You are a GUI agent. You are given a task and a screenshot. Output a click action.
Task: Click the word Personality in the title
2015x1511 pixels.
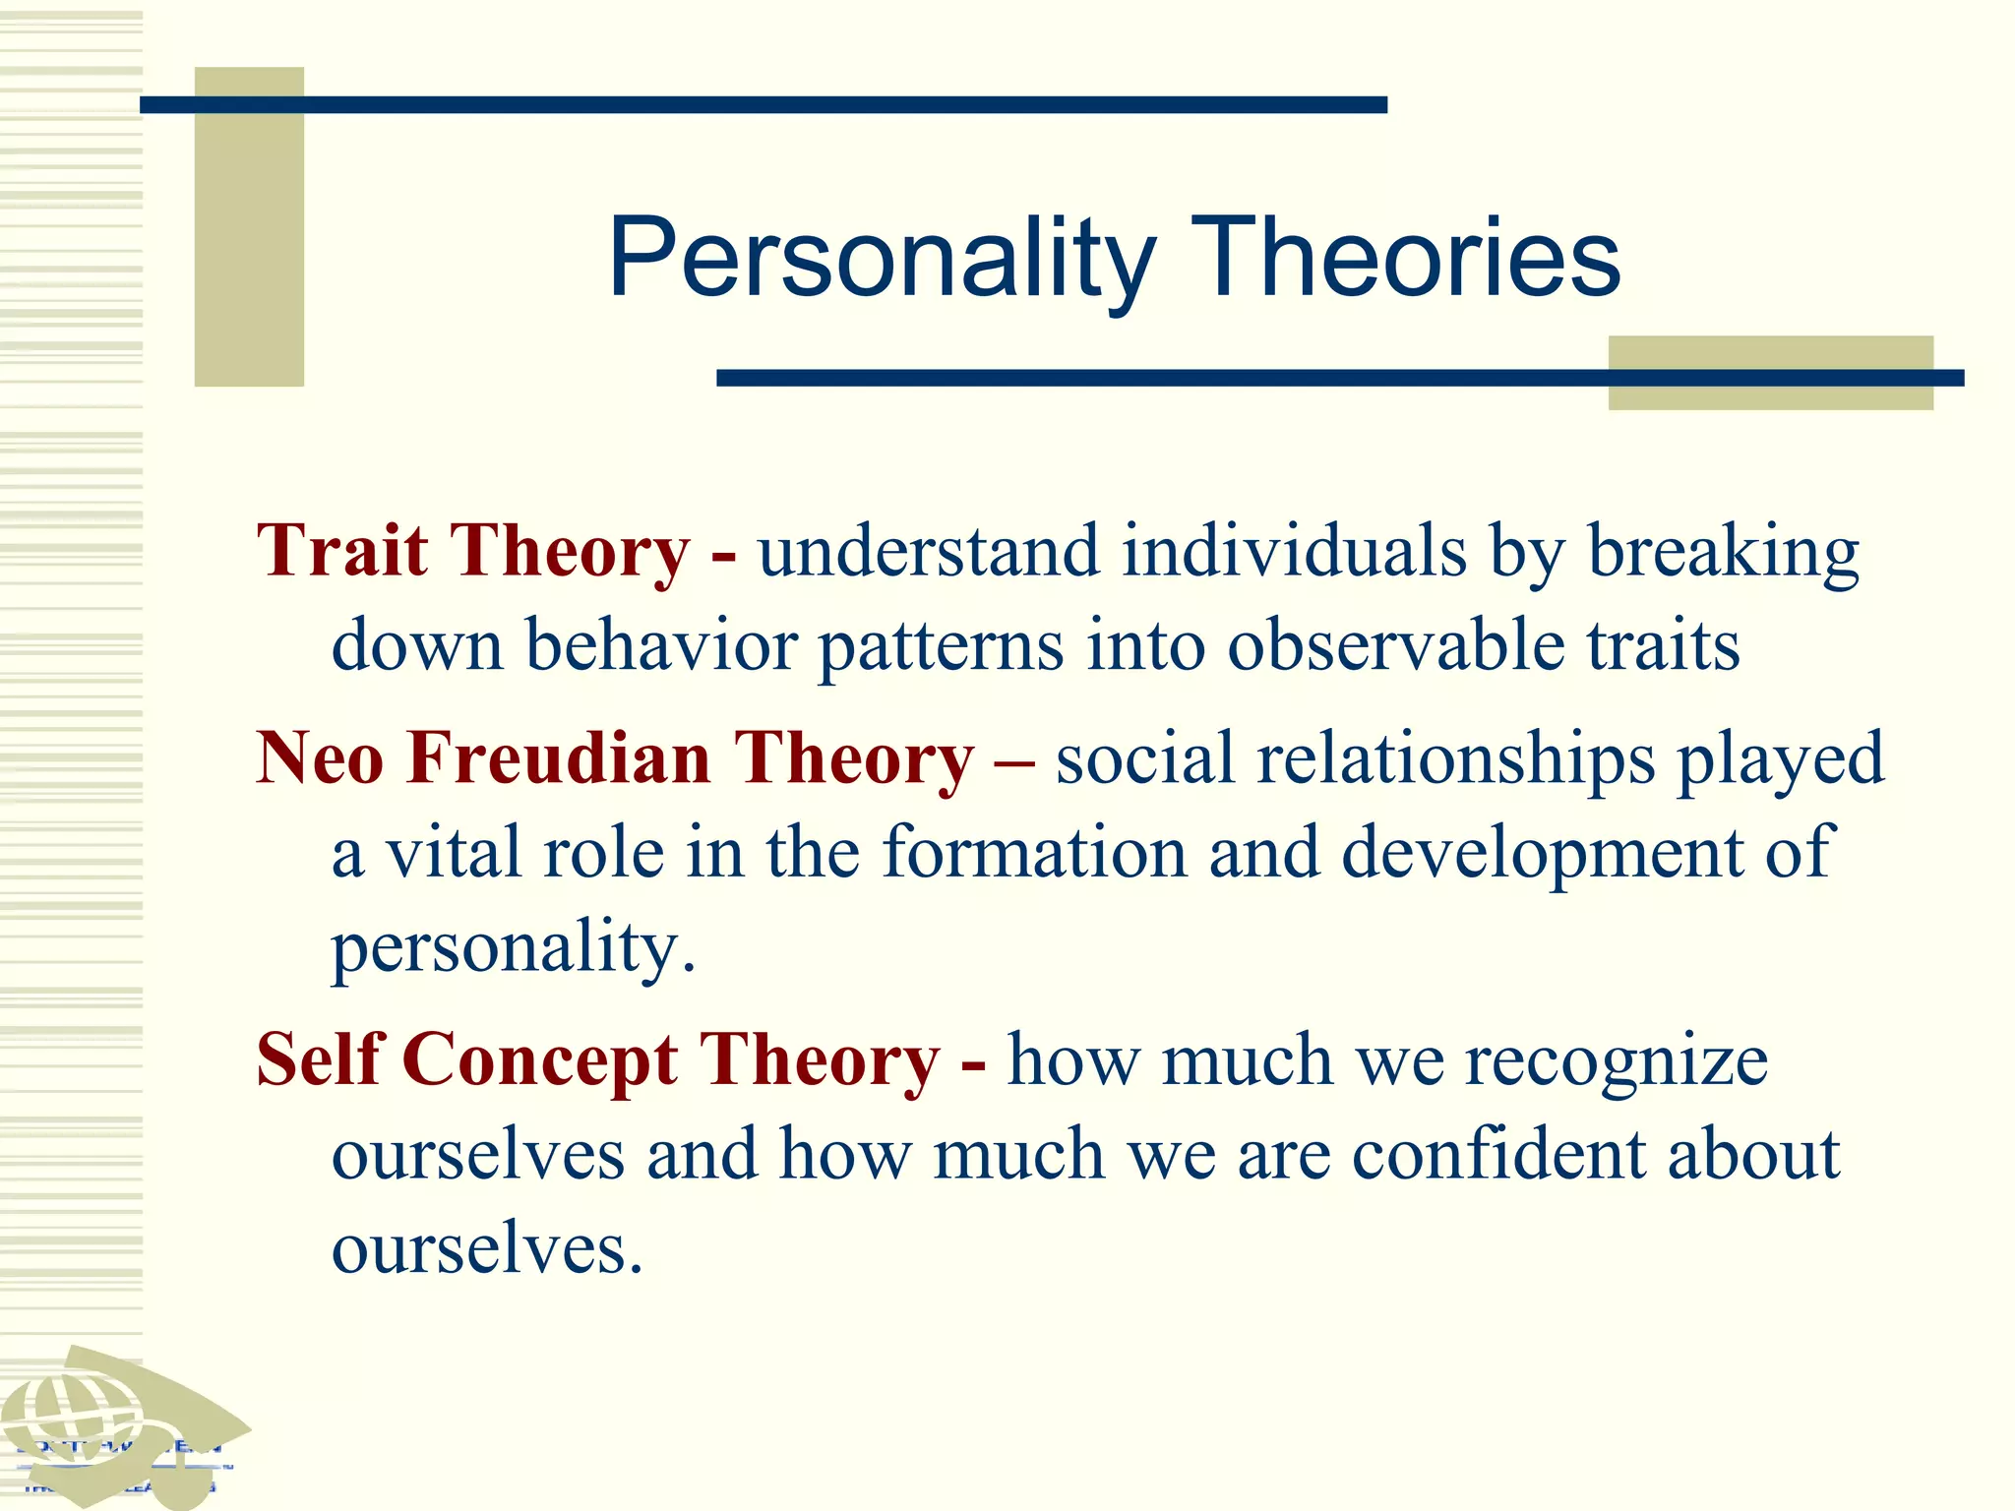(x=881, y=259)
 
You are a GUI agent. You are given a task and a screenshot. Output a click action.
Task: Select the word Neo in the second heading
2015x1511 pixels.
(x=319, y=758)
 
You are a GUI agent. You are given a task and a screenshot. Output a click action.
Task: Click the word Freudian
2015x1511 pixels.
(x=558, y=758)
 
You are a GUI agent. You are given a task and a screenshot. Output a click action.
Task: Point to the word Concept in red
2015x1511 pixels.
(x=539, y=1060)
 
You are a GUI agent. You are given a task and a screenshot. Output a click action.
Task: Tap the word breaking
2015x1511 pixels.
(x=1723, y=552)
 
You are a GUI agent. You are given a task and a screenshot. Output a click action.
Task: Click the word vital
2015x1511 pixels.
(x=453, y=852)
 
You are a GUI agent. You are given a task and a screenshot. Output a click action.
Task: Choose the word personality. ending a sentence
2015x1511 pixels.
(x=513, y=947)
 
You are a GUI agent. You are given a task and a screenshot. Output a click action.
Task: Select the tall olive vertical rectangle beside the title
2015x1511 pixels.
(x=249, y=226)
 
